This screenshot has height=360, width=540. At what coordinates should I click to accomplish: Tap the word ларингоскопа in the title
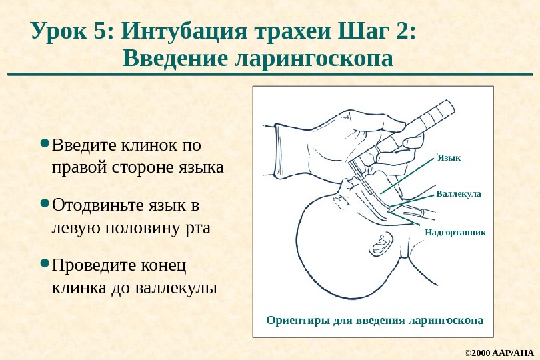[314, 59]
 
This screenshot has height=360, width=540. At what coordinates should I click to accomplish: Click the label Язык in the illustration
[449, 158]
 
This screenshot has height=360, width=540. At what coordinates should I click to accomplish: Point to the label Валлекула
[458, 194]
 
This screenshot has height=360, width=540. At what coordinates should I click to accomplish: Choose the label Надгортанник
[455, 233]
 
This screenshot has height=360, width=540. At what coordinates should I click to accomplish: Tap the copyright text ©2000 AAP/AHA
[499, 351]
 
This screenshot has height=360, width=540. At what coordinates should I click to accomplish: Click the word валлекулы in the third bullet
[176, 289]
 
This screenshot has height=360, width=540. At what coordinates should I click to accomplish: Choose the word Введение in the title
[175, 59]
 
